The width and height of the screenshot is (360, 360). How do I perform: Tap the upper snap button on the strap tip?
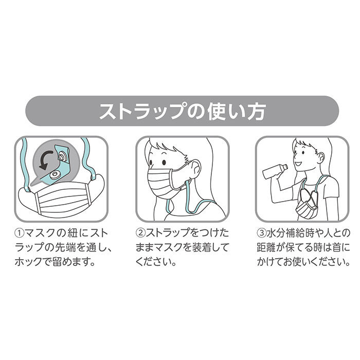[62, 157]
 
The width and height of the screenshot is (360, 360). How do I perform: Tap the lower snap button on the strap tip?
[56, 175]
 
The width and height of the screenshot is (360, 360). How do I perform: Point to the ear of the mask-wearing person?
[195, 168]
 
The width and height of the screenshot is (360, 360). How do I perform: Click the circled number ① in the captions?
[20, 233]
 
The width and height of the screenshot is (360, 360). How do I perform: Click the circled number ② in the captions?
[140, 233]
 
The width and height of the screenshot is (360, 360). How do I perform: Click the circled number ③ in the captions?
[261, 233]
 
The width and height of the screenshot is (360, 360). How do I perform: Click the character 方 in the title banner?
[255, 111]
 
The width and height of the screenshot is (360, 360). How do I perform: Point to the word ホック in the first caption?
[29, 262]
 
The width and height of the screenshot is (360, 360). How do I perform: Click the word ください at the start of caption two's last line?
[153, 262]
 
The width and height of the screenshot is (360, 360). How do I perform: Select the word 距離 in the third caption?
[266, 248]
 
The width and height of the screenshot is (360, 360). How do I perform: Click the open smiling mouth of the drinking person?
[298, 165]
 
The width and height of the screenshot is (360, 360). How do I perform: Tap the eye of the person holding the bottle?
[303, 153]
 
